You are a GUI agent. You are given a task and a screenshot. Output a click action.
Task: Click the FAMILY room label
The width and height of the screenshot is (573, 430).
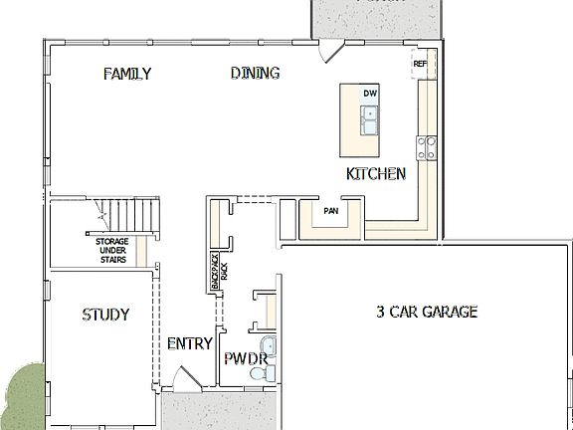coord(127,74)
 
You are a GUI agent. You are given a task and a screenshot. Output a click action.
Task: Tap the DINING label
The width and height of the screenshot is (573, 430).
coord(255,73)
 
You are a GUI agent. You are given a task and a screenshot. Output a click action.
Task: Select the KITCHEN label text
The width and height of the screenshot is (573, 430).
coord(375,174)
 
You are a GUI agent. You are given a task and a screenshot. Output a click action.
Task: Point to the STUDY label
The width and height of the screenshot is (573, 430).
coord(105,316)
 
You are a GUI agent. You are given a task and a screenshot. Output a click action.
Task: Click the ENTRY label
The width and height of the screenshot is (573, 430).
coord(189,344)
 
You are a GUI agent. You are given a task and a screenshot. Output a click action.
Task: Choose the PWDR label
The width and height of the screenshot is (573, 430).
coord(244,358)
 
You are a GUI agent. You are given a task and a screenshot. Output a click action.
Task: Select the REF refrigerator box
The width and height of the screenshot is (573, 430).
coord(420,63)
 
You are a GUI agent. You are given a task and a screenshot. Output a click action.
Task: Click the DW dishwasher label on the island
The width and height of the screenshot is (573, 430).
coord(370,94)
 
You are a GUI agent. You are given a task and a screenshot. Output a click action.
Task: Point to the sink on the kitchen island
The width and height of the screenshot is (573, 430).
coord(369,119)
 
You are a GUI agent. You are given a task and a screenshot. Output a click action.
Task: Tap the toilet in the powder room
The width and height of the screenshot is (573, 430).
coord(262,374)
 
